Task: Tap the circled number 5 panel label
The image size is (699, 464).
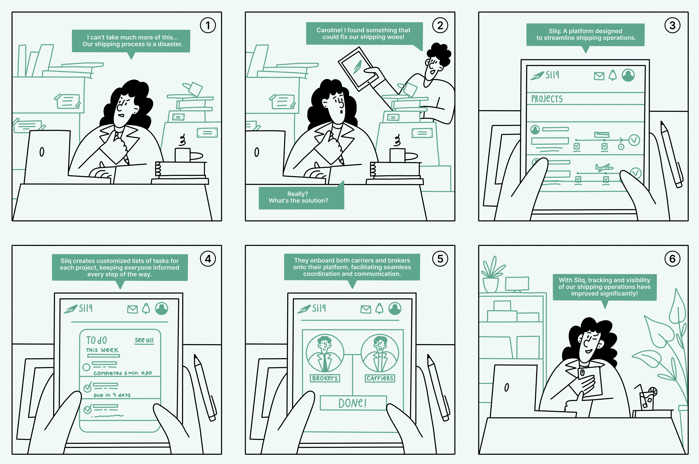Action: pyautogui.click(x=440, y=259)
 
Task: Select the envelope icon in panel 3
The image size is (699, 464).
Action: pyautogui.click(x=599, y=76)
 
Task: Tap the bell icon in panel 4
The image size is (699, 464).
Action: pyautogui.click(x=146, y=309)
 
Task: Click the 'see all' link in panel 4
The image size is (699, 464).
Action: pyautogui.click(x=144, y=340)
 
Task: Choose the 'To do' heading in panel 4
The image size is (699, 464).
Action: pyautogui.click(x=96, y=340)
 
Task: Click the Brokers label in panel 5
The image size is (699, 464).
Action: pyautogui.click(x=325, y=378)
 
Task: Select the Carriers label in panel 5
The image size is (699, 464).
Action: pyautogui.click(x=380, y=378)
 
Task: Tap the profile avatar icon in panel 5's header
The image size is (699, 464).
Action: pyautogui.click(x=395, y=309)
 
